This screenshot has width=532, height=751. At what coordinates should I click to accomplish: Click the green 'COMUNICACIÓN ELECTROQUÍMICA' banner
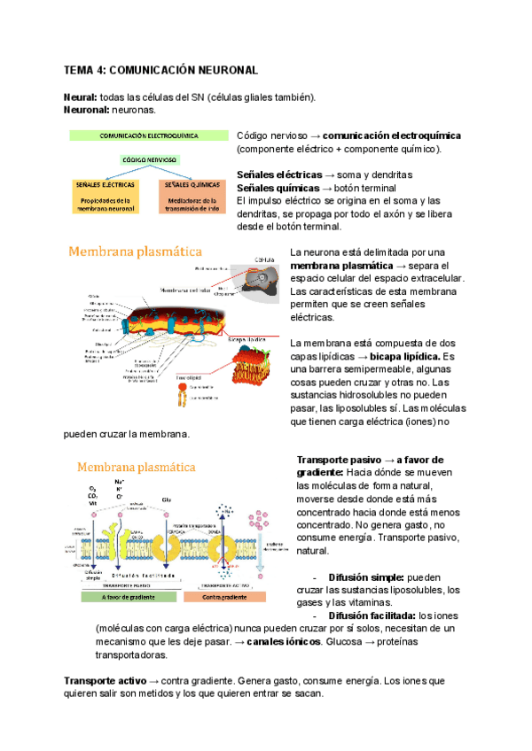pyautogui.click(x=148, y=137)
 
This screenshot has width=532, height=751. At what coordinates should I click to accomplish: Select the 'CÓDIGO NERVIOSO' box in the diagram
pyautogui.click(x=149, y=160)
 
